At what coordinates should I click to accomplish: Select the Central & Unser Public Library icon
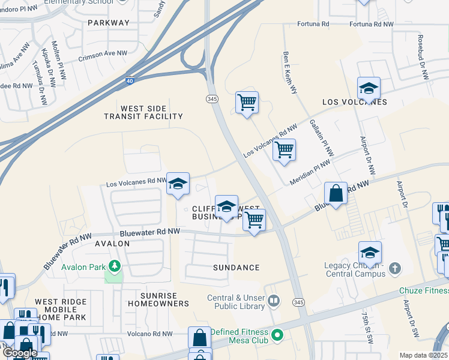274,300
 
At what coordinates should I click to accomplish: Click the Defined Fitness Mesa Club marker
277,334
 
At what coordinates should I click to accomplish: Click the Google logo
20,353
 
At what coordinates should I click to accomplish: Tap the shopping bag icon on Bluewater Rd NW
336,194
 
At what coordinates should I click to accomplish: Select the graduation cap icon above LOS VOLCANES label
369,88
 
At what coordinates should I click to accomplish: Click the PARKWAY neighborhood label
109,23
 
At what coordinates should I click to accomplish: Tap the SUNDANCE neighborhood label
237,268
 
